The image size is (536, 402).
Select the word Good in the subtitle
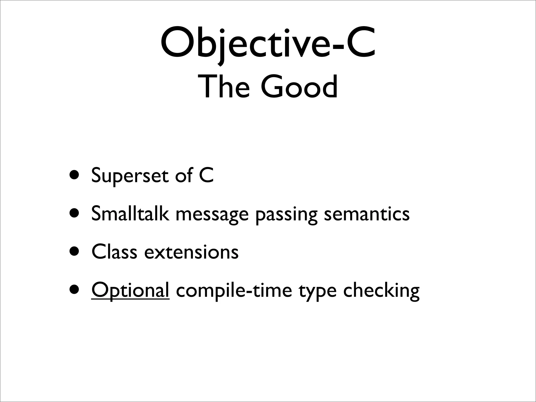(299, 87)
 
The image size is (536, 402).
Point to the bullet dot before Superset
(75, 174)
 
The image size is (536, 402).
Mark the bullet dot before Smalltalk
(75, 213)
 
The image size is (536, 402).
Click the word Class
(114, 252)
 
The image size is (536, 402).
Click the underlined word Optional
(130, 291)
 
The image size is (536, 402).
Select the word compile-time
(234, 291)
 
